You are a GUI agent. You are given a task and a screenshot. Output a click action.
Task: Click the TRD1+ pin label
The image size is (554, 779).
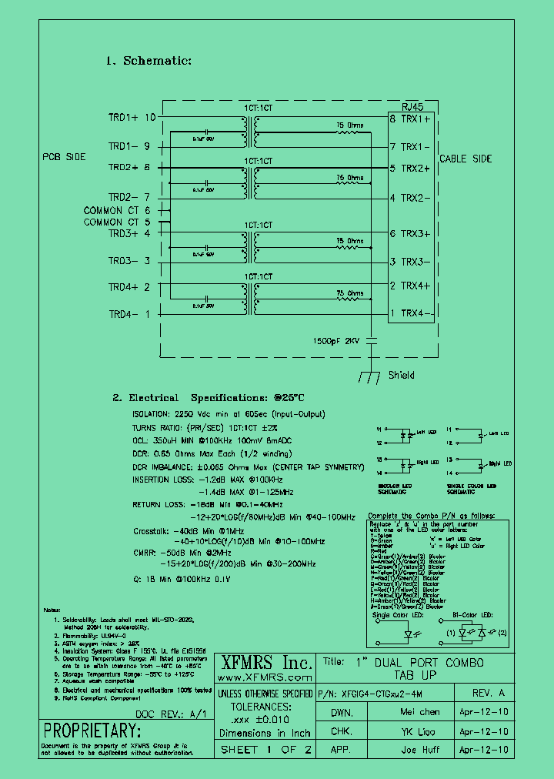(x=123, y=118)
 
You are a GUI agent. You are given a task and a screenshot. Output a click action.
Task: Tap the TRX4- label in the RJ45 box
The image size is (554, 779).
(x=419, y=313)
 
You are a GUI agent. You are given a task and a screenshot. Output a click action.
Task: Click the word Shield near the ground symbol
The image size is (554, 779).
(x=402, y=375)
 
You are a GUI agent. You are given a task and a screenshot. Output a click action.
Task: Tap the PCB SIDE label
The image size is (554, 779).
(x=64, y=156)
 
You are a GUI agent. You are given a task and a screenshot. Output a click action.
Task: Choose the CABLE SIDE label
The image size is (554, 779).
(x=465, y=159)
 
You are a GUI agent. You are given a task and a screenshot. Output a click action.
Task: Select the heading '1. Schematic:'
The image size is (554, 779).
(x=148, y=60)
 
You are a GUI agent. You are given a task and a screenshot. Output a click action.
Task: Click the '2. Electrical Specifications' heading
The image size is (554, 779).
(x=209, y=398)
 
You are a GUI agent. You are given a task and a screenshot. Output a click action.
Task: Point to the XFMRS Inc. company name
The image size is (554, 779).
(x=266, y=663)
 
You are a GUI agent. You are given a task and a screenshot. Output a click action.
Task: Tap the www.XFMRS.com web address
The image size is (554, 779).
(x=265, y=677)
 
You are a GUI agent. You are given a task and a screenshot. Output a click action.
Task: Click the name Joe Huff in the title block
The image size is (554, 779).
(x=419, y=749)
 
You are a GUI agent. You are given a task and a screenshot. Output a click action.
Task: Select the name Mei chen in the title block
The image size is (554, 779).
(x=419, y=712)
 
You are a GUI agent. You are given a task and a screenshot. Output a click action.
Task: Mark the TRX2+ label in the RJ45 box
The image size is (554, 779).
(x=419, y=168)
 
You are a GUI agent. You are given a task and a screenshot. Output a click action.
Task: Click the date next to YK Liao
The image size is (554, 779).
(x=482, y=731)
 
